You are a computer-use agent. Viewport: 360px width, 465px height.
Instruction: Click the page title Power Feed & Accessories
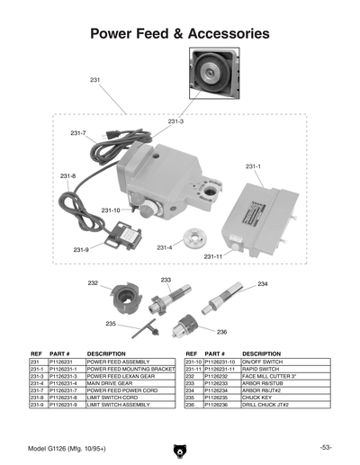coord(179,33)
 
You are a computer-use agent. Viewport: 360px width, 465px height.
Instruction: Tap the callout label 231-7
coord(78,133)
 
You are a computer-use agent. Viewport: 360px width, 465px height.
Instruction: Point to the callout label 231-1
coord(253,166)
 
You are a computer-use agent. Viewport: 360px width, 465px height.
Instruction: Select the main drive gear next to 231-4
coord(192,239)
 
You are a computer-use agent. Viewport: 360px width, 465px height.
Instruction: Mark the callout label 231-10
coord(111,210)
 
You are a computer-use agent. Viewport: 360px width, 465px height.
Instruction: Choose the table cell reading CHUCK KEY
coord(256,396)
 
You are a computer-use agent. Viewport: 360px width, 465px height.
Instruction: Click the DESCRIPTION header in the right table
coord(262,354)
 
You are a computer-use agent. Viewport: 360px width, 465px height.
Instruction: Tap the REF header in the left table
coord(37,354)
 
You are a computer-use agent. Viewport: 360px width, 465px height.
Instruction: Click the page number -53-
coord(326,447)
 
